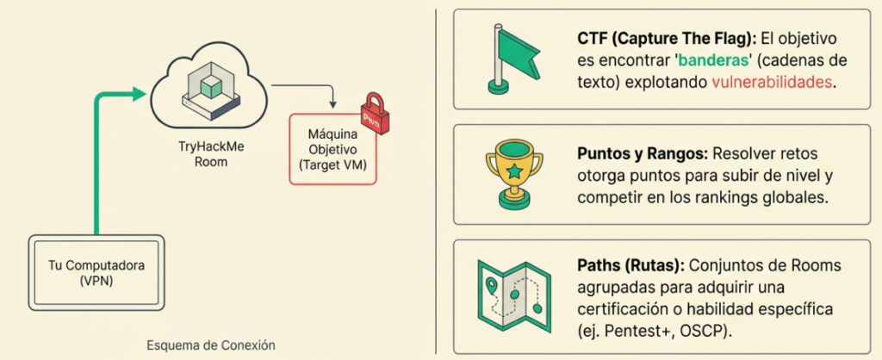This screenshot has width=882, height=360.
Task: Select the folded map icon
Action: [513, 289]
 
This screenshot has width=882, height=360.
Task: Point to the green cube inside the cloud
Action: [210, 84]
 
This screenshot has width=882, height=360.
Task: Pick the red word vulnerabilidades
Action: [773, 83]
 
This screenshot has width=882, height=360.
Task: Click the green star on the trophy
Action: [514, 171]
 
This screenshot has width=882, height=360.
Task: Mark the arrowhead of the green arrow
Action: [140, 94]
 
